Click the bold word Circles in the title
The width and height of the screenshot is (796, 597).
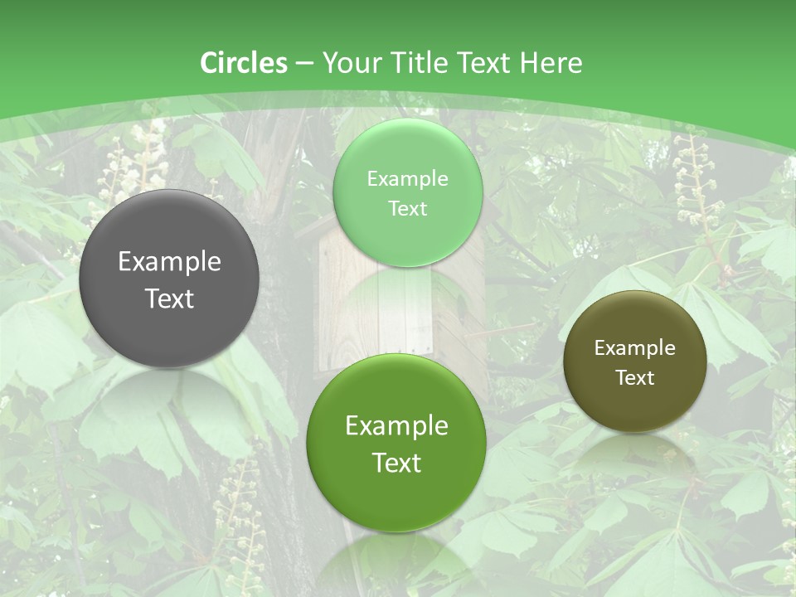244,63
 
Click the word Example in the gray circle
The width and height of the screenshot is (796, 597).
169,262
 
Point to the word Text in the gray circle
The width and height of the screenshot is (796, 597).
169,299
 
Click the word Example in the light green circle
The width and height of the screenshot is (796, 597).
407,178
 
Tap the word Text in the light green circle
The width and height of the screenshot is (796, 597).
407,209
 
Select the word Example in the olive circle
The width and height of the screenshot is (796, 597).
635,348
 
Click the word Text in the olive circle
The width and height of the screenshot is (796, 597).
635,378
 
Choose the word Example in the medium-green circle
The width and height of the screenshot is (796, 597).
396,426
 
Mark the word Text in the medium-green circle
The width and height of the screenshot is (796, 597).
396,463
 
